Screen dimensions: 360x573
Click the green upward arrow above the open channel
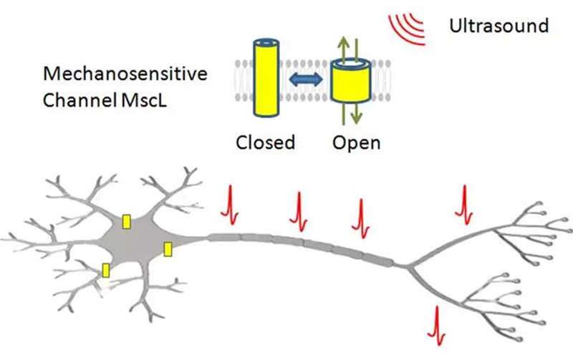341,48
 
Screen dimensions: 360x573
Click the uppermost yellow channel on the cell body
127,222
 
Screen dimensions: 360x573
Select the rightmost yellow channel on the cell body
168,248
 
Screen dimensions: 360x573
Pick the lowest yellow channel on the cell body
107,270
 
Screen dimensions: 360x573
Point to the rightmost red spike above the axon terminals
464,203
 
